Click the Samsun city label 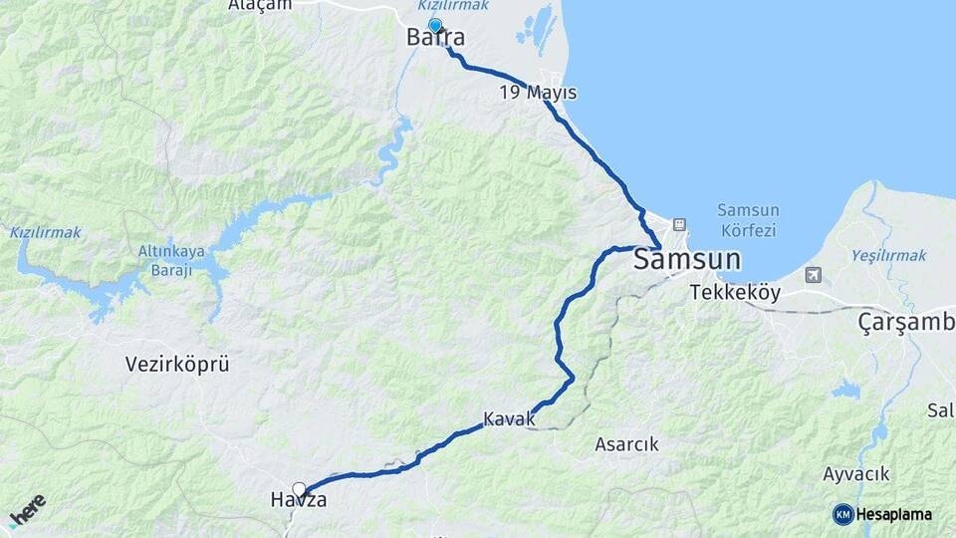(687, 260)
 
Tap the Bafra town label (435, 38)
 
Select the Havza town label (299, 500)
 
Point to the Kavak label (509, 419)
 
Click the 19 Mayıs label (539, 93)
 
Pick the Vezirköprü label (177, 364)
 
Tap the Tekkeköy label (737, 293)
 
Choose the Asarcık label (626, 444)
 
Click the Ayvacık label (856, 473)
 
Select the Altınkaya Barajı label (171, 259)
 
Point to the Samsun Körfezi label (748, 220)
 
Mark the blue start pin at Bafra (435, 25)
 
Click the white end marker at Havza (299, 489)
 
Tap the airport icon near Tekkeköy (815, 274)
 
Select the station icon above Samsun (679, 224)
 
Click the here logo (28, 509)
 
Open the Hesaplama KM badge (882, 514)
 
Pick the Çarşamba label (906, 323)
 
